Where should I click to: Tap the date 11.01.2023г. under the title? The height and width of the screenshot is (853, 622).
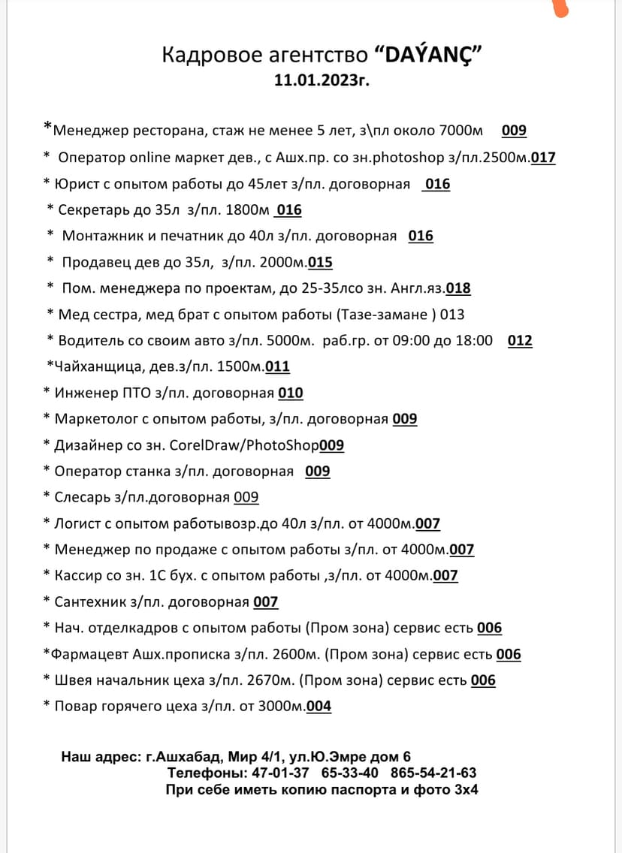pyautogui.click(x=322, y=80)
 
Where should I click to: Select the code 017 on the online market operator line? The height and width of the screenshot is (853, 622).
pyautogui.click(x=543, y=158)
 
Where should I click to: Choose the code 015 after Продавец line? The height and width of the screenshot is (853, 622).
pyautogui.click(x=320, y=263)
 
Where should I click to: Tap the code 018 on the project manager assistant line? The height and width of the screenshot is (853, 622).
pyautogui.click(x=458, y=288)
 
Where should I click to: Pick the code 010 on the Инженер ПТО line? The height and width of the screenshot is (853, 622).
pyautogui.click(x=291, y=393)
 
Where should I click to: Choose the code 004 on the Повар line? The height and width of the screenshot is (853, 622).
pyautogui.click(x=319, y=707)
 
